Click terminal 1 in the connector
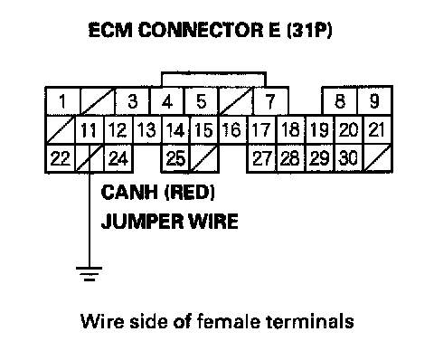[62, 101]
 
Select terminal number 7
[270, 101]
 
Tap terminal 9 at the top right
[374, 101]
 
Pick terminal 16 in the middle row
[232, 130]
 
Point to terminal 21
[377, 130]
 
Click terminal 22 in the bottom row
[60, 158]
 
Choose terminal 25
[175, 158]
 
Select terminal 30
[349, 158]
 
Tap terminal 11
[89, 130]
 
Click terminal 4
[166, 101]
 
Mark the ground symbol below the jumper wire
[90, 273]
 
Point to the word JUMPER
[142, 221]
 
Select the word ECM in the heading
[110, 30]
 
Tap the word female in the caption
[228, 321]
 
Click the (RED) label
[190, 193]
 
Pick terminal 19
[319, 130]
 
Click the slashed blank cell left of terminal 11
[60, 130]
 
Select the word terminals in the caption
[310, 321]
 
